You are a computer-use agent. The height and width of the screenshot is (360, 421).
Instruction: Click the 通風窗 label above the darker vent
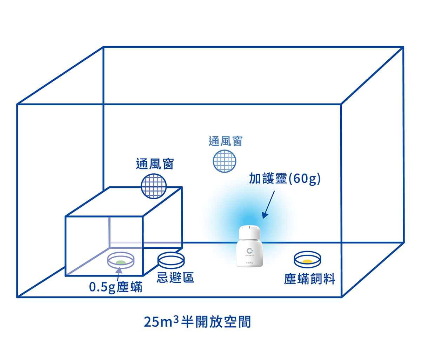pyautogui.click(x=155, y=164)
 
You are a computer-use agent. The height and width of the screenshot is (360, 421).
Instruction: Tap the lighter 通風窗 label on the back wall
pyautogui.click(x=225, y=141)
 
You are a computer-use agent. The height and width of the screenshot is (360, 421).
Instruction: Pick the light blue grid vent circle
pyautogui.click(x=225, y=161)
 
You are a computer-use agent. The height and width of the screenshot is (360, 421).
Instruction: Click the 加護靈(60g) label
pyautogui.click(x=285, y=179)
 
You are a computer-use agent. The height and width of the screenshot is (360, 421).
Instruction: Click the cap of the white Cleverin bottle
pyautogui.click(x=249, y=232)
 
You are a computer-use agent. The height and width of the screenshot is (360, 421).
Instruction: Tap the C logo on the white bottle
pyautogui.click(x=249, y=251)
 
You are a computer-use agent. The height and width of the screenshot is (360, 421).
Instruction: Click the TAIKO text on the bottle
pyautogui.click(x=249, y=262)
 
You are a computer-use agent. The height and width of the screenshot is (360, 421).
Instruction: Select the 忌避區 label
pyautogui.click(x=175, y=278)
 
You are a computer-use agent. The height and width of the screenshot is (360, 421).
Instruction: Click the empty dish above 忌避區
pyautogui.click(x=171, y=260)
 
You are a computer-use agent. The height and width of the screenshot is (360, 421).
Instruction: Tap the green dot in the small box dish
pyautogui.click(x=120, y=262)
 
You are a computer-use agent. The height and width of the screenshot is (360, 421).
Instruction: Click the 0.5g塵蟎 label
pyautogui.click(x=116, y=287)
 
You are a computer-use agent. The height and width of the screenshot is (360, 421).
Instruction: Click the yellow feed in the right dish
pyautogui.click(x=307, y=261)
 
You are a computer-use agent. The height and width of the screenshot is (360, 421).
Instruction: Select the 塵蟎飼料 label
pyautogui.click(x=309, y=279)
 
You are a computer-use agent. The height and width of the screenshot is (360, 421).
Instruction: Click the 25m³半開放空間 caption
pyautogui.click(x=198, y=321)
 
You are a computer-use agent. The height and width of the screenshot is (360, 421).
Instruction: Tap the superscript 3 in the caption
pyautogui.click(x=176, y=318)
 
